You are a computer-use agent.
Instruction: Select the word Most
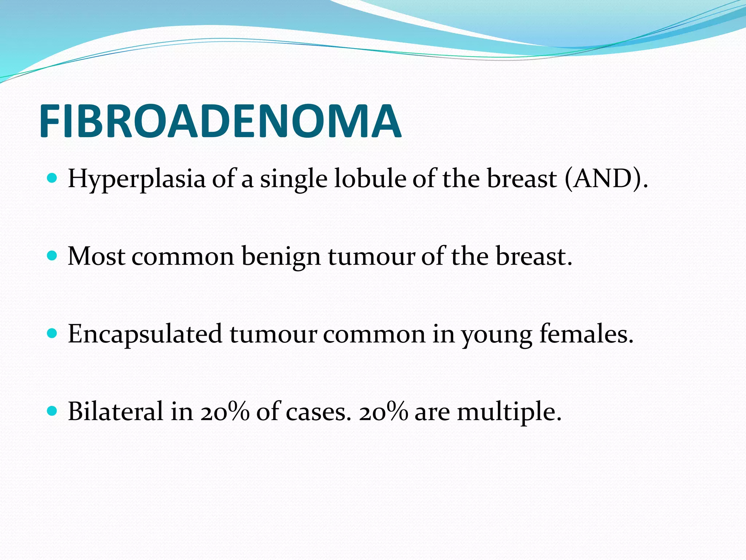[x=97, y=256]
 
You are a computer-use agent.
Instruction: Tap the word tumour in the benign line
[x=371, y=256]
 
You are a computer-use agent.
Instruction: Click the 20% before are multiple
[x=383, y=412]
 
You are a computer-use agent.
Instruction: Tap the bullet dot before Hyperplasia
[x=52, y=178]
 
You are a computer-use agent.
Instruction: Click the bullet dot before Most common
[x=52, y=256]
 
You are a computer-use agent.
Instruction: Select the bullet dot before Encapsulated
[x=52, y=334]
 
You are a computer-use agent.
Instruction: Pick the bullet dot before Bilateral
[x=52, y=411]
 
